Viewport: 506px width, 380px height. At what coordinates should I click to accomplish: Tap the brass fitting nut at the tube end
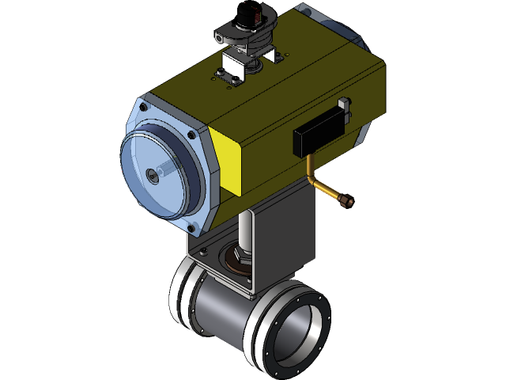click(346, 201)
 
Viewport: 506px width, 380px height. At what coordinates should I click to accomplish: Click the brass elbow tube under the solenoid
click(315, 178)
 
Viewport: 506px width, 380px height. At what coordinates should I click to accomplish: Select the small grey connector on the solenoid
click(343, 104)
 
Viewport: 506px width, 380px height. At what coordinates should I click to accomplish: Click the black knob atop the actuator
click(245, 19)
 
